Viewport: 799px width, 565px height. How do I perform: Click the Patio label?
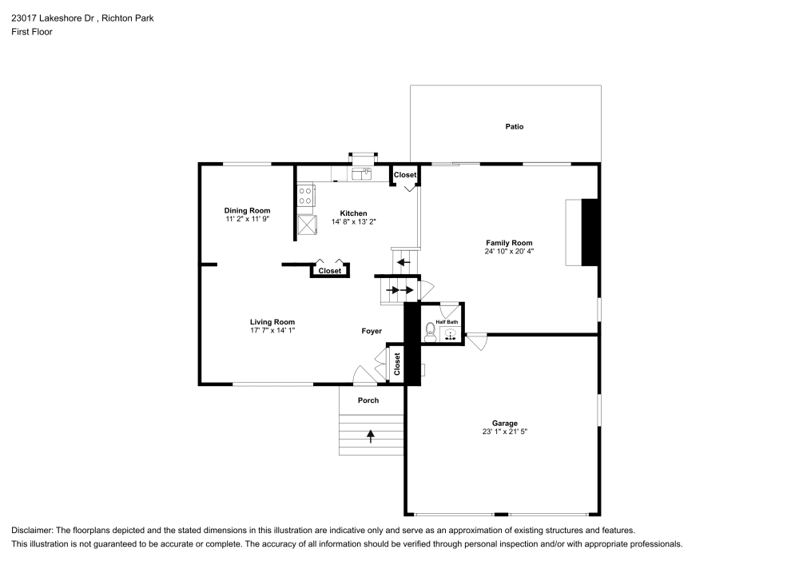pos(515,126)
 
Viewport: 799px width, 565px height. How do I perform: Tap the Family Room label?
pos(509,243)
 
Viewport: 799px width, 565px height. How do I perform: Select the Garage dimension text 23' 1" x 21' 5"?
pos(504,432)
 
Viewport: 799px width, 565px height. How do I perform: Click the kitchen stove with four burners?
pos(305,195)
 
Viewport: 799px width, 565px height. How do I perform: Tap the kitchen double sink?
pos(362,173)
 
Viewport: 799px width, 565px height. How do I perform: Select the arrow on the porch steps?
pos(371,436)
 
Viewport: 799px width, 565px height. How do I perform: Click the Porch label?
pos(368,400)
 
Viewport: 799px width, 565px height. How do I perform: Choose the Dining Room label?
pos(247,210)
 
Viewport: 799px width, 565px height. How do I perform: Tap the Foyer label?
pos(372,331)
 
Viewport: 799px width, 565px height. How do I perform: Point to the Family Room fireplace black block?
pos(590,232)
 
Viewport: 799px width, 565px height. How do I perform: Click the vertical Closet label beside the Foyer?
pos(396,364)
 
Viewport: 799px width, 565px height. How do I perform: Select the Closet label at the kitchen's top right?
pos(405,175)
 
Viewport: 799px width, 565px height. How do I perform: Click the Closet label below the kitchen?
pos(330,271)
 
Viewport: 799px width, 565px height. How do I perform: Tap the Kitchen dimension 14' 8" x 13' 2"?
pos(353,221)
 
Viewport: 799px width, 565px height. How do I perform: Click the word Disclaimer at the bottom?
pos(32,530)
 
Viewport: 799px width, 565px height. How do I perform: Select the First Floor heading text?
pos(32,32)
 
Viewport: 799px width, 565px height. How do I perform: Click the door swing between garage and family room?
pos(477,342)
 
